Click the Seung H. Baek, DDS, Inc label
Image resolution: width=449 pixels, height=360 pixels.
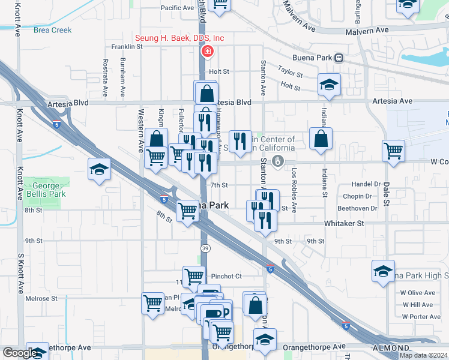179,38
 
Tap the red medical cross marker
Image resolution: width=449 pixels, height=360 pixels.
208,52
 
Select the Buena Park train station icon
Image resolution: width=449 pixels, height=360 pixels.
339,58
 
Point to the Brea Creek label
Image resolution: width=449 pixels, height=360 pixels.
53,30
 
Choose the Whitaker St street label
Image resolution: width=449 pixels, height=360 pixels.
344,223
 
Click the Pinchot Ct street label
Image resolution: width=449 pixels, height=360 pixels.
226,276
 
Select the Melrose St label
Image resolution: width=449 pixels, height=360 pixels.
41,298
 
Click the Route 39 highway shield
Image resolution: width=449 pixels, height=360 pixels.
205,248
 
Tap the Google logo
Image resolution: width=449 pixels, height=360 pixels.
20,353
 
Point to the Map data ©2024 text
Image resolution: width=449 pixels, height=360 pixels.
423,355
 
